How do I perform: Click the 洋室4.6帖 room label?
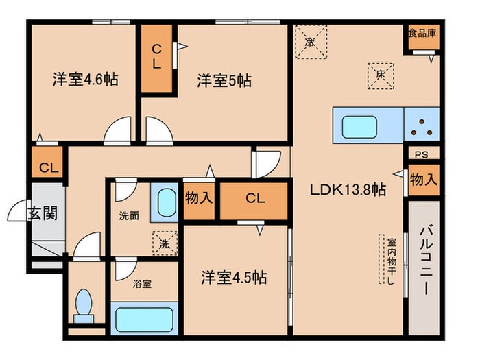pyautogui.click(x=85, y=80)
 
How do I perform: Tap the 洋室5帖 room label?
pyautogui.click(x=224, y=81)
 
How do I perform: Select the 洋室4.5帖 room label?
pyautogui.click(x=233, y=278)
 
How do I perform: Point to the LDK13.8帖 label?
pyautogui.click(x=347, y=191)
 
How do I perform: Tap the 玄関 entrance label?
pyautogui.click(x=43, y=213)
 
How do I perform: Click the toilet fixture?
pyautogui.click(x=84, y=305)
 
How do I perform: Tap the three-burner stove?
pyautogui.click(x=420, y=126)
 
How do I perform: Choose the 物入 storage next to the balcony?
pyautogui.click(x=423, y=181)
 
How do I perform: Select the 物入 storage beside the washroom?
pyautogui.click(x=199, y=199)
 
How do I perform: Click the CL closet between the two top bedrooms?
pyautogui.click(x=157, y=58)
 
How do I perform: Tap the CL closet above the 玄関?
pyautogui.click(x=48, y=167)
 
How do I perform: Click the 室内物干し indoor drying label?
pyautogui.click(x=392, y=264)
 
